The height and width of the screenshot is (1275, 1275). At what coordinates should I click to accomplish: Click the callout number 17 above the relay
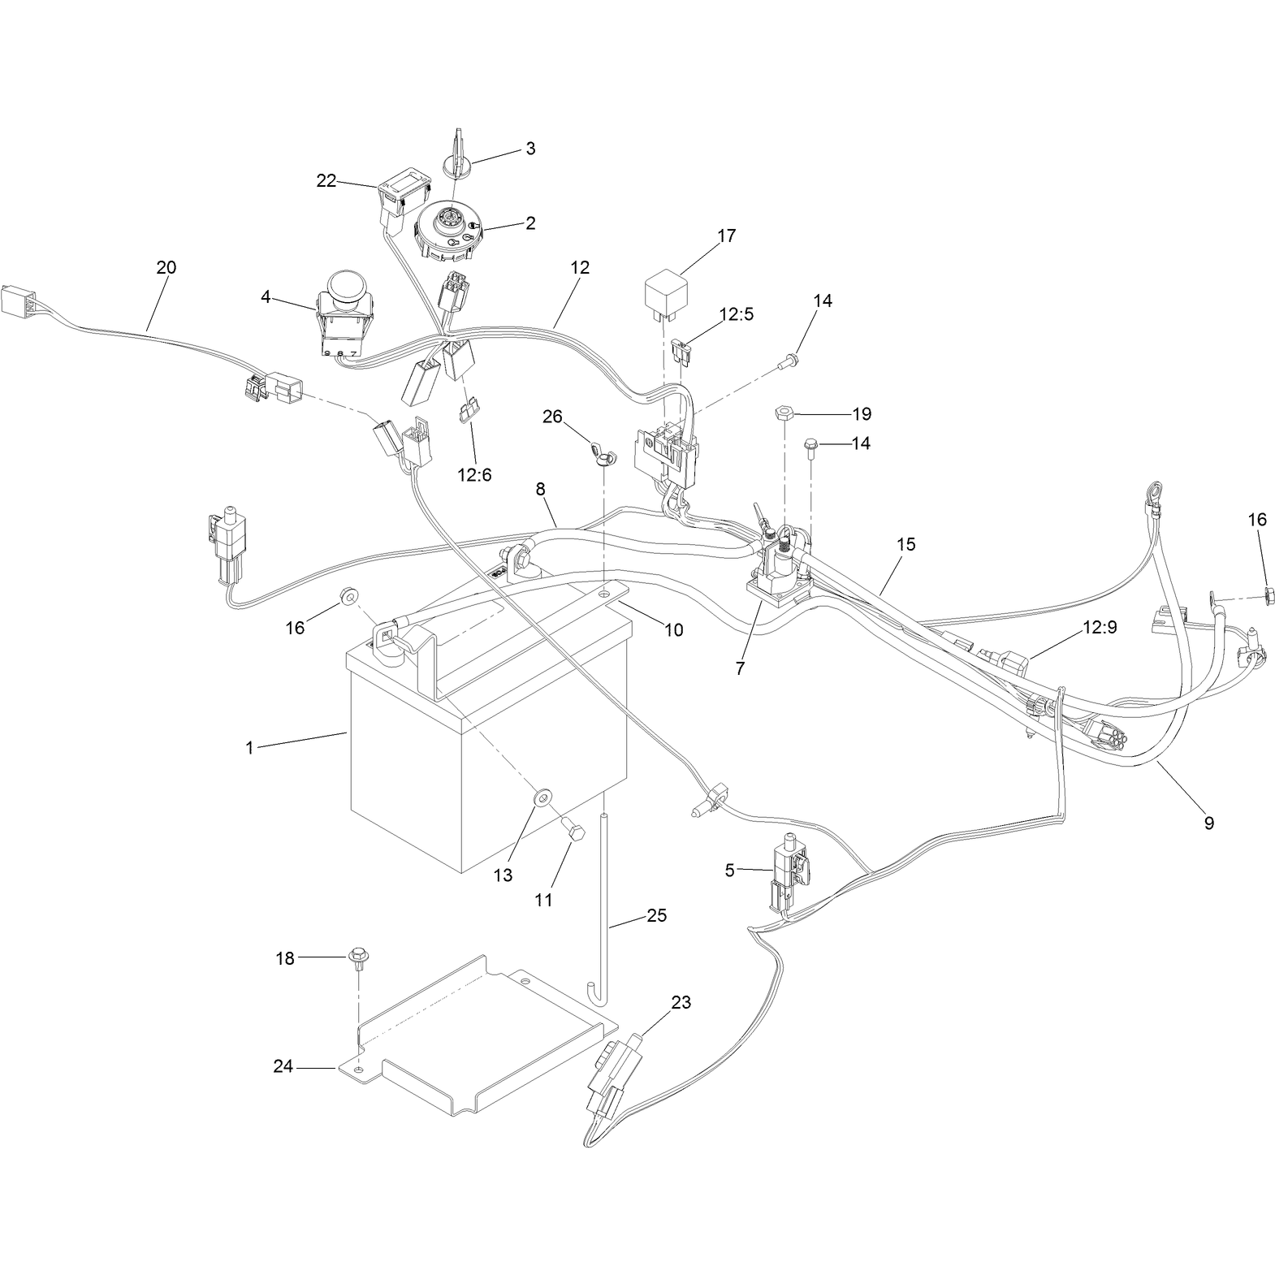pos(726,236)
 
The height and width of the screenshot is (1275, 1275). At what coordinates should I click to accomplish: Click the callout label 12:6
pos(474,475)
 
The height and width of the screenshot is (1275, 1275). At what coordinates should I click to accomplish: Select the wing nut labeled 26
pos(602,456)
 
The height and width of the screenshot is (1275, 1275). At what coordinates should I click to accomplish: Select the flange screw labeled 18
pos(357,959)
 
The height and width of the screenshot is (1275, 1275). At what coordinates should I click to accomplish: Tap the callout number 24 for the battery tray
pos(283,1066)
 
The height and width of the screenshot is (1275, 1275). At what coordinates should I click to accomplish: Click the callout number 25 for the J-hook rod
pos(656,915)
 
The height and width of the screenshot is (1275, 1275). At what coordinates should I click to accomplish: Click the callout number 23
pos(681,1003)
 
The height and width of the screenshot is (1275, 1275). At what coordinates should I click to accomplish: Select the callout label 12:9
pos(1100,628)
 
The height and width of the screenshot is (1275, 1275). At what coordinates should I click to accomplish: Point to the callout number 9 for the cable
pos(1209,823)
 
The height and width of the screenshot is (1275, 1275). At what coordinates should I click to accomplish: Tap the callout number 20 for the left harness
pos(166,267)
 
